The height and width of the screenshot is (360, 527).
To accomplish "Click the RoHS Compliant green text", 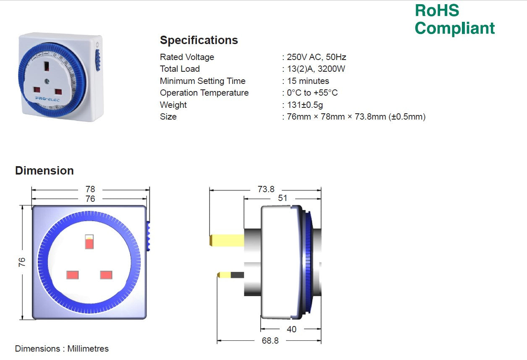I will [454, 19].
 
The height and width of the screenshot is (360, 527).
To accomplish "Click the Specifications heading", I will [199, 40].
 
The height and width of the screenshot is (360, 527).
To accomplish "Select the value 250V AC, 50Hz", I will [317, 57].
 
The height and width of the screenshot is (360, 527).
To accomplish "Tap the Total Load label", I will [180, 69].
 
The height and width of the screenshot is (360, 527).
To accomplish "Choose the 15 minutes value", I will [308, 81].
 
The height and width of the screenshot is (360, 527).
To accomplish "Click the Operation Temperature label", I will [204, 93].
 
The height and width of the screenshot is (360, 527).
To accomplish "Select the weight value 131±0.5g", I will [305, 105].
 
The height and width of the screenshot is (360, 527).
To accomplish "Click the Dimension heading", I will [45, 170].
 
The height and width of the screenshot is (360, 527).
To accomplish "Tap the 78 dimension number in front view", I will [90, 190].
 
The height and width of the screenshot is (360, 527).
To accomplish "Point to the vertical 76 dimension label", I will [22, 262].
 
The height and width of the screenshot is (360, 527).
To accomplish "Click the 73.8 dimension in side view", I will [266, 190].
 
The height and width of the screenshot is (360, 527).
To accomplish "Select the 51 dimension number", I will [283, 198].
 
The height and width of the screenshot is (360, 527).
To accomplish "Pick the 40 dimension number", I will [291, 329].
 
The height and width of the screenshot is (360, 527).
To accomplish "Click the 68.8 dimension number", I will [270, 341].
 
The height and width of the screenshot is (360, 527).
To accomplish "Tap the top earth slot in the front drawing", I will [89, 242].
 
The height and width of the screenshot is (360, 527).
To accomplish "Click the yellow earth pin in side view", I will [227, 240].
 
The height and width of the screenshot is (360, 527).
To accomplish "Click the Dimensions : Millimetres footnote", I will [62, 349].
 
